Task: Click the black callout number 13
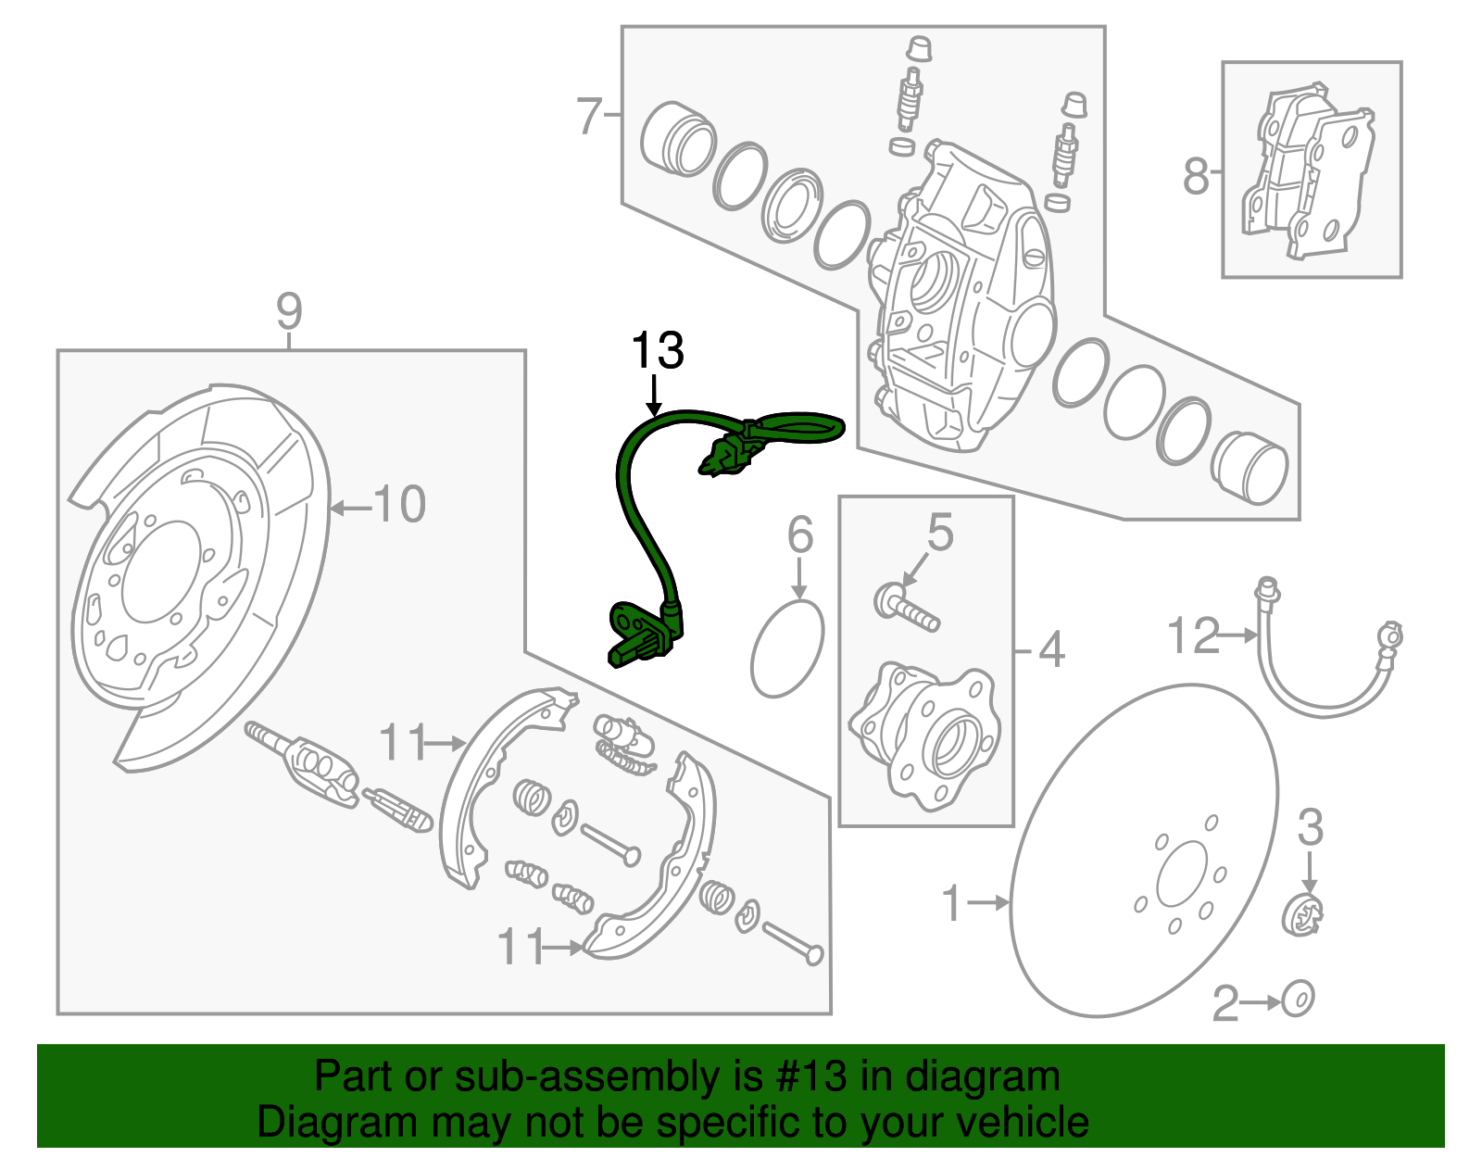click(x=657, y=351)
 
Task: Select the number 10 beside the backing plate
click(x=399, y=505)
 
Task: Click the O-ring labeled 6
click(x=787, y=648)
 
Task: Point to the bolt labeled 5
click(x=906, y=608)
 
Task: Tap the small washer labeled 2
click(x=1299, y=1000)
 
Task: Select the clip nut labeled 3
click(x=1303, y=916)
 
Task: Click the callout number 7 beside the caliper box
click(x=590, y=116)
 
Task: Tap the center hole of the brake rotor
click(x=1182, y=874)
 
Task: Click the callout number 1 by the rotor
click(x=952, y=902)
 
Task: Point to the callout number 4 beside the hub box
click(x=1051, y=650)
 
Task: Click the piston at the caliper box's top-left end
click(x=678, y=139)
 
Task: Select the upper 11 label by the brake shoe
click(x=402, y=742)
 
